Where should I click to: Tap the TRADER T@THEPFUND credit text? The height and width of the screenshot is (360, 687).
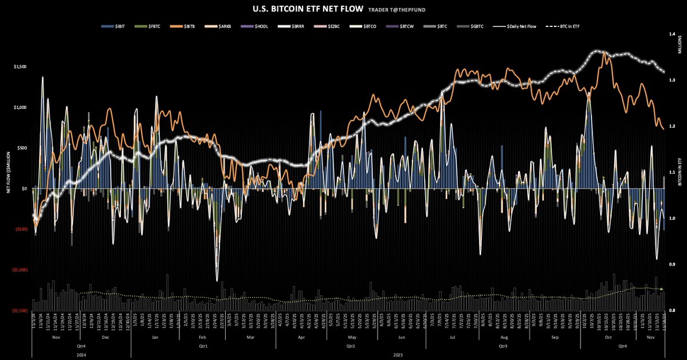coord(401,9)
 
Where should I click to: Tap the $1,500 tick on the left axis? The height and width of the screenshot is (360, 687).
coord(19,67)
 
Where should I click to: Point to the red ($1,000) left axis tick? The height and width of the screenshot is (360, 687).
coord(19,269)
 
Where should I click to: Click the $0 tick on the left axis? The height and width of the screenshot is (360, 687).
coord(24,189)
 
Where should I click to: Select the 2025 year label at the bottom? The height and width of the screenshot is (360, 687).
coord(398,355)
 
